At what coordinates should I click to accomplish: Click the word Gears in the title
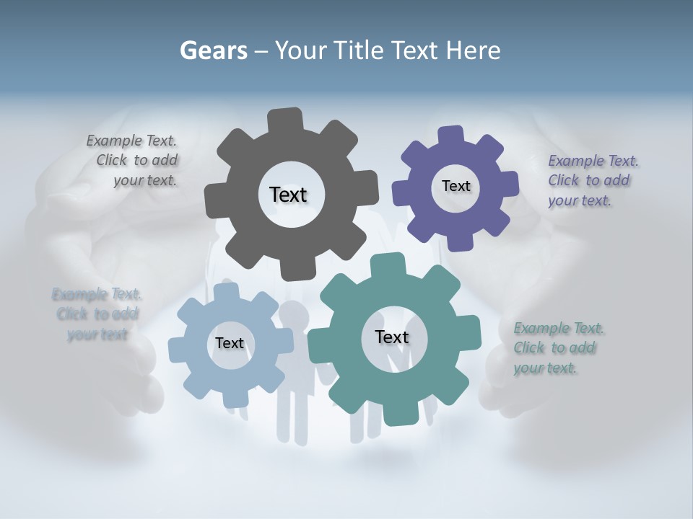213,50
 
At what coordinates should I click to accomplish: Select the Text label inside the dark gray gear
288,195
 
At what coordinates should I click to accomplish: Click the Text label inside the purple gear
456,186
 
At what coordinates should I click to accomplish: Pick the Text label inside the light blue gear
229,344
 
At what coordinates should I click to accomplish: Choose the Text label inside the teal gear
392,337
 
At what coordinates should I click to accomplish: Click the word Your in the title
302,50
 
